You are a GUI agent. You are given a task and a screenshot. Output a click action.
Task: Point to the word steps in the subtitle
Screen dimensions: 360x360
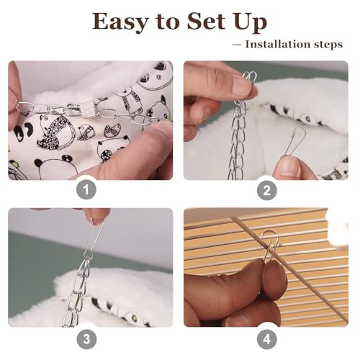tap(325, 45)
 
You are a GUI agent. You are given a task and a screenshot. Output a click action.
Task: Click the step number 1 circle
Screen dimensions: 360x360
tap(86, 190)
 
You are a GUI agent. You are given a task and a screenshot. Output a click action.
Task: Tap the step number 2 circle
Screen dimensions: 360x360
tap(267, 190)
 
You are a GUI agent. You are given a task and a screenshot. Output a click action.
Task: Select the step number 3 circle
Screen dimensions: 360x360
tap(86, 339)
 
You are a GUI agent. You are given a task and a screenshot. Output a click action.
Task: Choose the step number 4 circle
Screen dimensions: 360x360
tap(267, 339)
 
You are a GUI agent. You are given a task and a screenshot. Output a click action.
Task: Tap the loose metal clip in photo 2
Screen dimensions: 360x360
tap(293, 142)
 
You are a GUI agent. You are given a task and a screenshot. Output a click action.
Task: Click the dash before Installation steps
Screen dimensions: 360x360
tap(237, 45)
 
